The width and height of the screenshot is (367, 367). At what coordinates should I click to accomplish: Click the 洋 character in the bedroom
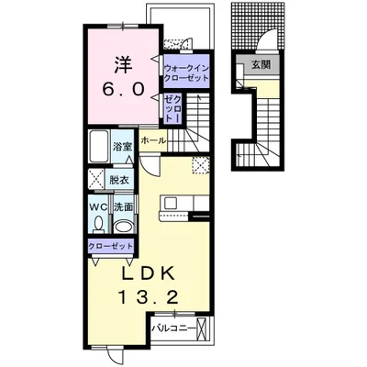[x=123, y=65]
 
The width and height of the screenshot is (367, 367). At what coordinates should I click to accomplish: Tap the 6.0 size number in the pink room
[x=123, y=89]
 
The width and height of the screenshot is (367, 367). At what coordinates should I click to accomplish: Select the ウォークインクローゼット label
[x=186, y=72]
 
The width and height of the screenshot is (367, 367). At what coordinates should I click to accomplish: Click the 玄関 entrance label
[x=261, y=64]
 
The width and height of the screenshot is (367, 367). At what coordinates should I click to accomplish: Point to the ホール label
[x=153, y=140]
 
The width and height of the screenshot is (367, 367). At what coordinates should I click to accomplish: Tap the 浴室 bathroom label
[x=122, y=147]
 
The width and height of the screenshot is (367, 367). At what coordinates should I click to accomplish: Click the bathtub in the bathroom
[x=98, y=147]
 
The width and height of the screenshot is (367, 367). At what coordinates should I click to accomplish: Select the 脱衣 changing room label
[x=119, y=180]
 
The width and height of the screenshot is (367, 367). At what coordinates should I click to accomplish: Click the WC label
[x=98, y=207]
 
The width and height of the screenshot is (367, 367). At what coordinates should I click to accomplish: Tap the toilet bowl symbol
[x=98, y=224]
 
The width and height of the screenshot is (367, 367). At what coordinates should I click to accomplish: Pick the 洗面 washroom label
[x=123, y=207]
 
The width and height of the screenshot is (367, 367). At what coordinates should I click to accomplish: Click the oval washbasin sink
[x=123, y=227]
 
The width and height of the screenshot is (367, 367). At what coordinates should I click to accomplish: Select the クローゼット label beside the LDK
[x=111, y=246]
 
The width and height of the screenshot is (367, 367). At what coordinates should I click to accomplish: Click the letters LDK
[x=149, y=273]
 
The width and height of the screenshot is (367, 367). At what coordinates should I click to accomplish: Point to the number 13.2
[x=148, y=297]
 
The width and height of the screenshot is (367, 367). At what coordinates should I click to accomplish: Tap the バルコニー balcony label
[x=173, y=328]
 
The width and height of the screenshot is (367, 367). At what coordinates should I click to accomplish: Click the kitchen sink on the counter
[x=170, y=203]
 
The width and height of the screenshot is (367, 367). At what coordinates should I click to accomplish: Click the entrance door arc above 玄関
[x=267, y=39]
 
